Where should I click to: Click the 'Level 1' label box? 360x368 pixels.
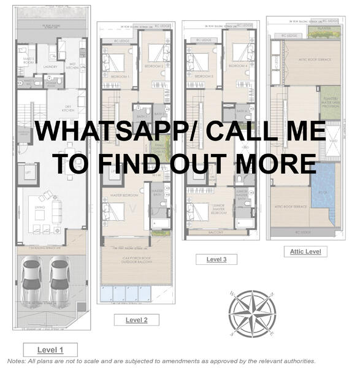coord(50,350)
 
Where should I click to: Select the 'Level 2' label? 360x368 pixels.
coord(136,320)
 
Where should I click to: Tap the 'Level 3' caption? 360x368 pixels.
coord(216,259)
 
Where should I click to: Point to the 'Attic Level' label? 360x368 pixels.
coord(305,251)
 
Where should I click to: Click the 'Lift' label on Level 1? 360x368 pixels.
coord(28,174)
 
